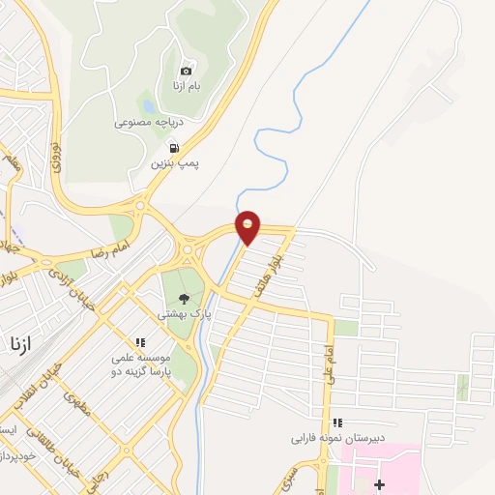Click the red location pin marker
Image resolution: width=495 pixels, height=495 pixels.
[x=248, y=226]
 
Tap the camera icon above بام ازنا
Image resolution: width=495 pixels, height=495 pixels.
[x=187, y=71]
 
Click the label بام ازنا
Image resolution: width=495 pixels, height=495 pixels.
[x=187, y=87]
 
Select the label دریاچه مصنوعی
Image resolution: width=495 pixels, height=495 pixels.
[x=149, y=123]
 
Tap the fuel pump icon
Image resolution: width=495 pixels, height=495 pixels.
[x=174, y=148]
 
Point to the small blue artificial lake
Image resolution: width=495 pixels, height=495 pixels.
[x=148, y=104]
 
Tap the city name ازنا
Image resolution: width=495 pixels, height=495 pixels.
[x=22, y=343]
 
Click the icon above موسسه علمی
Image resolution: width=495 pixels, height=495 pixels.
[x=141, y=342]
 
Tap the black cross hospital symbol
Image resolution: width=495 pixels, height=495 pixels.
[x=379, y=483]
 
